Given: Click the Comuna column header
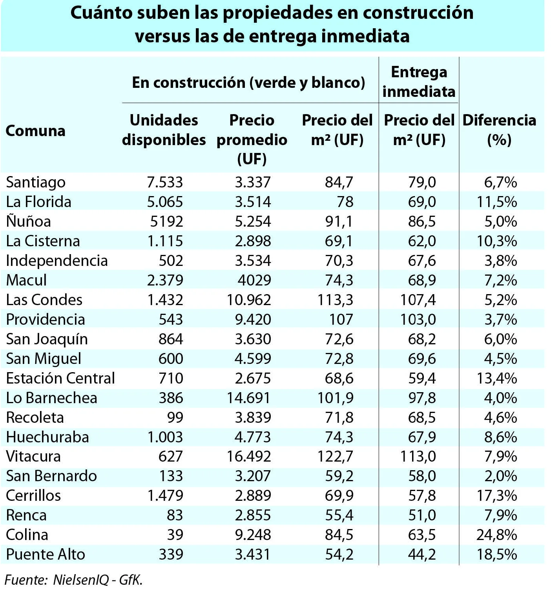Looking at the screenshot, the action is [x=35, y=131].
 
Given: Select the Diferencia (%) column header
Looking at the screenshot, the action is [x=499, y=130].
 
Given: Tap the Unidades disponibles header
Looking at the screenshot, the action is [x=164, y=130].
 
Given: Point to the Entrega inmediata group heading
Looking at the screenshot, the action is [x=419, y=82].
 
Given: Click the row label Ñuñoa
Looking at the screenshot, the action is [x=29, y=222].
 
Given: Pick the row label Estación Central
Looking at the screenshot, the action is [x=60, y=378].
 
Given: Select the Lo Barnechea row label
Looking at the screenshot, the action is [x=51, y=398].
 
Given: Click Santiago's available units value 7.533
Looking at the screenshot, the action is [x=165, y=182].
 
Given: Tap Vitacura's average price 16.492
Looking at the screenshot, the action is [x=249, y=456].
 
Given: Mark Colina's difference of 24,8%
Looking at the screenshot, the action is [x=496, y=535].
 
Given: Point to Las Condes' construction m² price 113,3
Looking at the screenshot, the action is [x=336, y=300].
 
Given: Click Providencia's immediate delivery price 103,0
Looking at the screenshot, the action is [x=418, y=319].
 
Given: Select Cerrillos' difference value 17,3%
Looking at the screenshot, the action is [x=497, y=495].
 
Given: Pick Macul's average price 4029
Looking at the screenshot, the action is [x=254, y=280].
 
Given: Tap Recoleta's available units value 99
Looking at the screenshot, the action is [x=175, y=417].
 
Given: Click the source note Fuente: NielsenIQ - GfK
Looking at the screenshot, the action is [x=73, y=580].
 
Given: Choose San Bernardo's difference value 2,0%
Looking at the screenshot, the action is [x=501, y=476].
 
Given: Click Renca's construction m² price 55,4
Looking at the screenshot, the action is [x=339, y=515].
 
